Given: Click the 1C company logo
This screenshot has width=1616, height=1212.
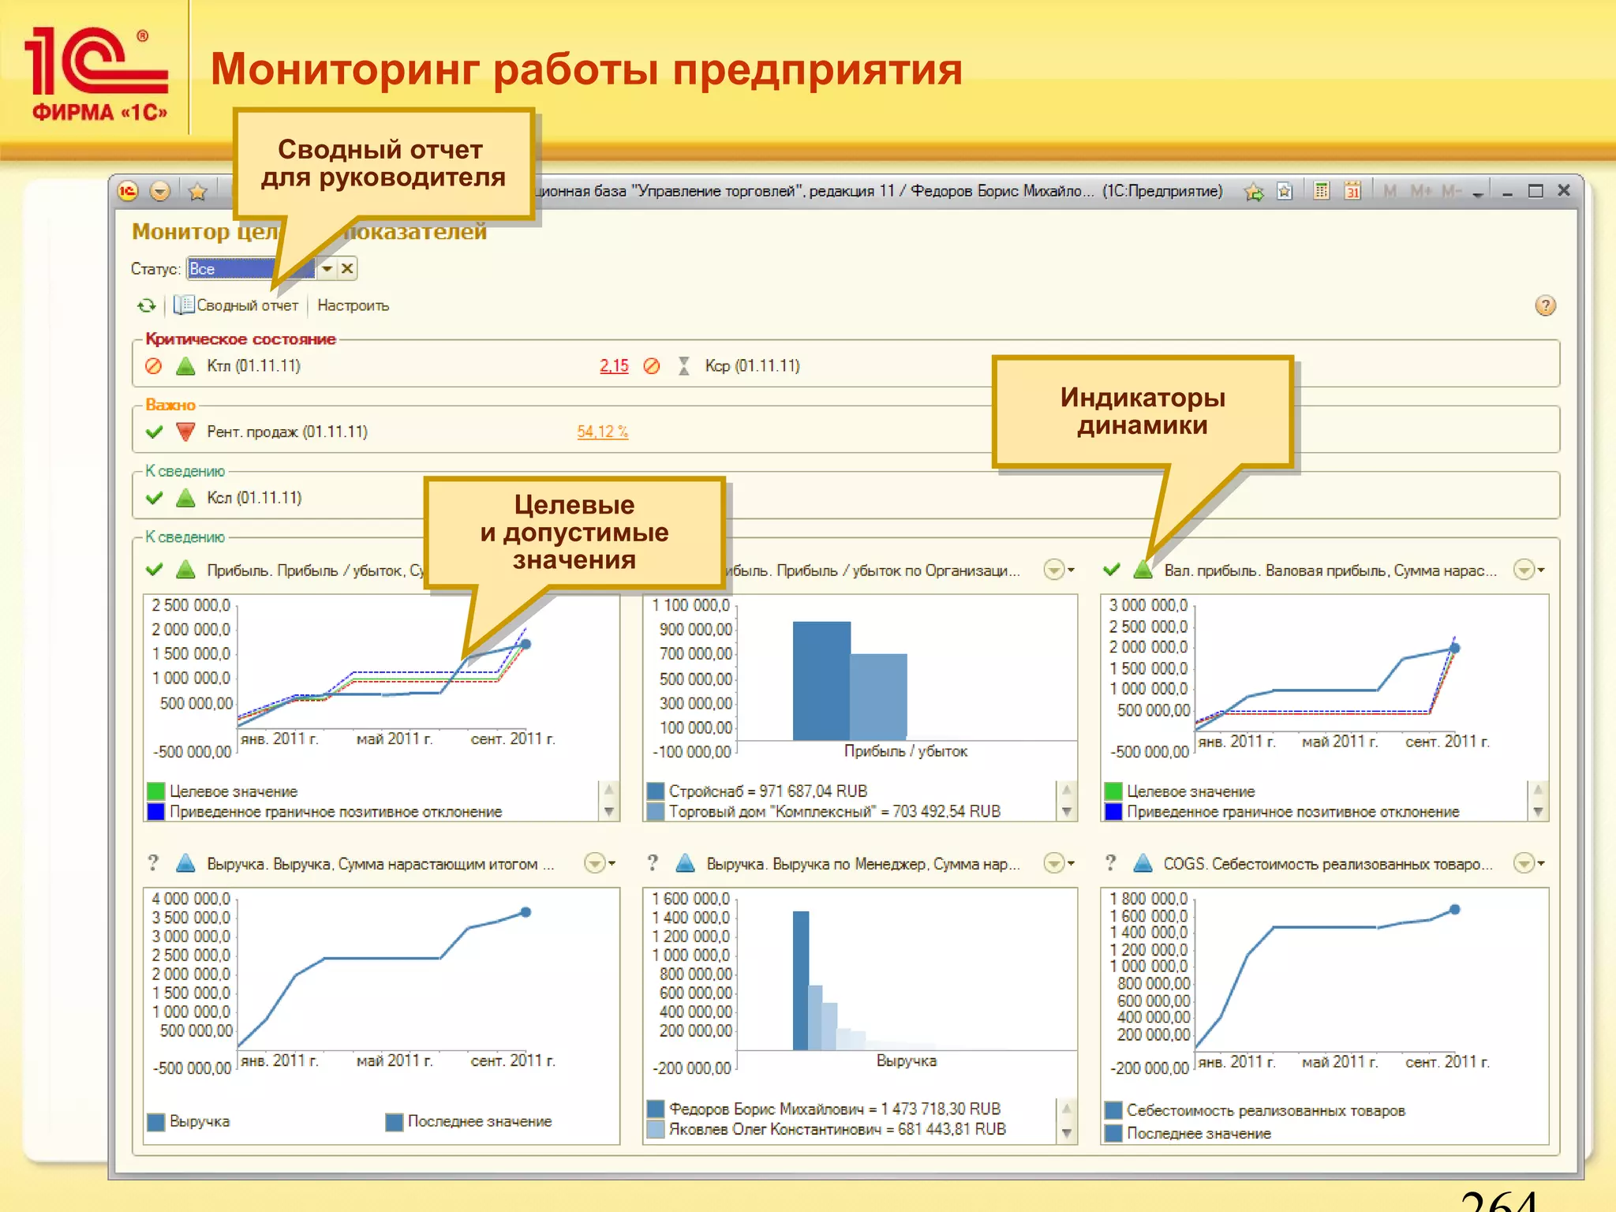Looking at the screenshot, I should click(x=96, y=73).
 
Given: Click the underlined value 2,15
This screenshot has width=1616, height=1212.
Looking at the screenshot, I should click(x=614, y=366).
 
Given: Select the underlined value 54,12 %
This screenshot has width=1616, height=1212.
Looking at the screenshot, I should click(x=602, y=432).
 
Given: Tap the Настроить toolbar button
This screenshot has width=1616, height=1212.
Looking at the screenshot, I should click(x=353, y=305).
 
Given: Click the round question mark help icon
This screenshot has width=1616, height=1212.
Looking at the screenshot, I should click(x=1545, y=306).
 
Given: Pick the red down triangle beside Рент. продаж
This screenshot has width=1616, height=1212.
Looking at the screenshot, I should click(x=185, y=432).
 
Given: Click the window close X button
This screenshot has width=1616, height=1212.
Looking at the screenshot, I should click(x=1563, y=191).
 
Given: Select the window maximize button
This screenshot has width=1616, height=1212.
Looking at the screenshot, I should click(x=1536, y=191).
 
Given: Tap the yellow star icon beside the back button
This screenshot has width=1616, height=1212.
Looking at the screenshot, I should click(x=197, y=191).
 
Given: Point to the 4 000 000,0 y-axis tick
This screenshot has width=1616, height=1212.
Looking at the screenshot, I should click(x=191, y=899).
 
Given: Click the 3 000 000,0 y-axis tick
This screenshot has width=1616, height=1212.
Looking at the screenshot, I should click(x=1148, y=605).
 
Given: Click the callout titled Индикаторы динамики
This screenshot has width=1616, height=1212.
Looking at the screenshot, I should click(x=1143, y=411).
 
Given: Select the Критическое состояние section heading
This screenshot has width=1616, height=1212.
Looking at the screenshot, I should click(x=241, y=339).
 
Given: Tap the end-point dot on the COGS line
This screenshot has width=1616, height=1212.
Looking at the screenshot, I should click(x=1455, y=910).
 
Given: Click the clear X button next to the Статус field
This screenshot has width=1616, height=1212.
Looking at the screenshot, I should click(x=347, y=269).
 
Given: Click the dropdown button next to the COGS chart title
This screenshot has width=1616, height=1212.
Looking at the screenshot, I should click(x=1528, y=863).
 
